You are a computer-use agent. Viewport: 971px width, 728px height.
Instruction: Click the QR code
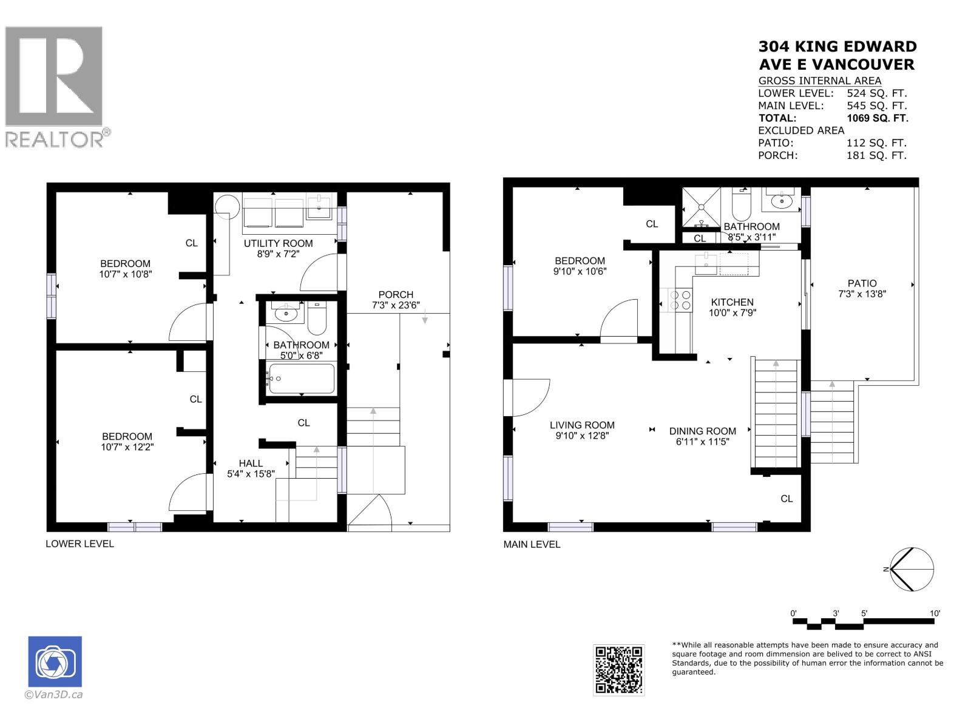click(x=618, y=670)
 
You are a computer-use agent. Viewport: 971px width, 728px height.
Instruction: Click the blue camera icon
click(x=55, y=661)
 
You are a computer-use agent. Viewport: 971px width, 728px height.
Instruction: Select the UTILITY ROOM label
click(x=278, y=243)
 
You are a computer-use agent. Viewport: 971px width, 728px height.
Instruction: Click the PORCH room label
click(x=396, y=295)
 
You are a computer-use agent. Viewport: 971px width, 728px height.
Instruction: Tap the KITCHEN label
click(x=732, y=302)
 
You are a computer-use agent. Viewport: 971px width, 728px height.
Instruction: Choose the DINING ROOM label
click(x=702, y=431)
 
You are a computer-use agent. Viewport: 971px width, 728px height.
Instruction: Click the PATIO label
click(x=862, y=283)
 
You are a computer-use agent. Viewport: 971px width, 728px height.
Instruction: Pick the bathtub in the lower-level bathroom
click(x=302, y=379)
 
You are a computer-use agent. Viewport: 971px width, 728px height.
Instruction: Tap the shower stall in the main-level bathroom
click(x=701, y=207)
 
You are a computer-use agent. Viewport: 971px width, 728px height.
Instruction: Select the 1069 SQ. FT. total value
click(x=877, y=118)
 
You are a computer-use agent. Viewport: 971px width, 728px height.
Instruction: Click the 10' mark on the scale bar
click(x=935, y=613)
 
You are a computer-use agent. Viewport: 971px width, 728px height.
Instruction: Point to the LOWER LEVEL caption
click(x=80, y=544)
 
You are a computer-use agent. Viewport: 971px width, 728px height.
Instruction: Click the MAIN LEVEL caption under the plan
click(x=532, y=545)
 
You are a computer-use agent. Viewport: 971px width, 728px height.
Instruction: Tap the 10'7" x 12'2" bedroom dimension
click(x=127, y=447)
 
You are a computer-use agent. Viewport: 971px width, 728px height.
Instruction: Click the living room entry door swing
click(x=529, y=397)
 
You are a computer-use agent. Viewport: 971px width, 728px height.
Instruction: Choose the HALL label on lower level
click(x=251, y=463)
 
